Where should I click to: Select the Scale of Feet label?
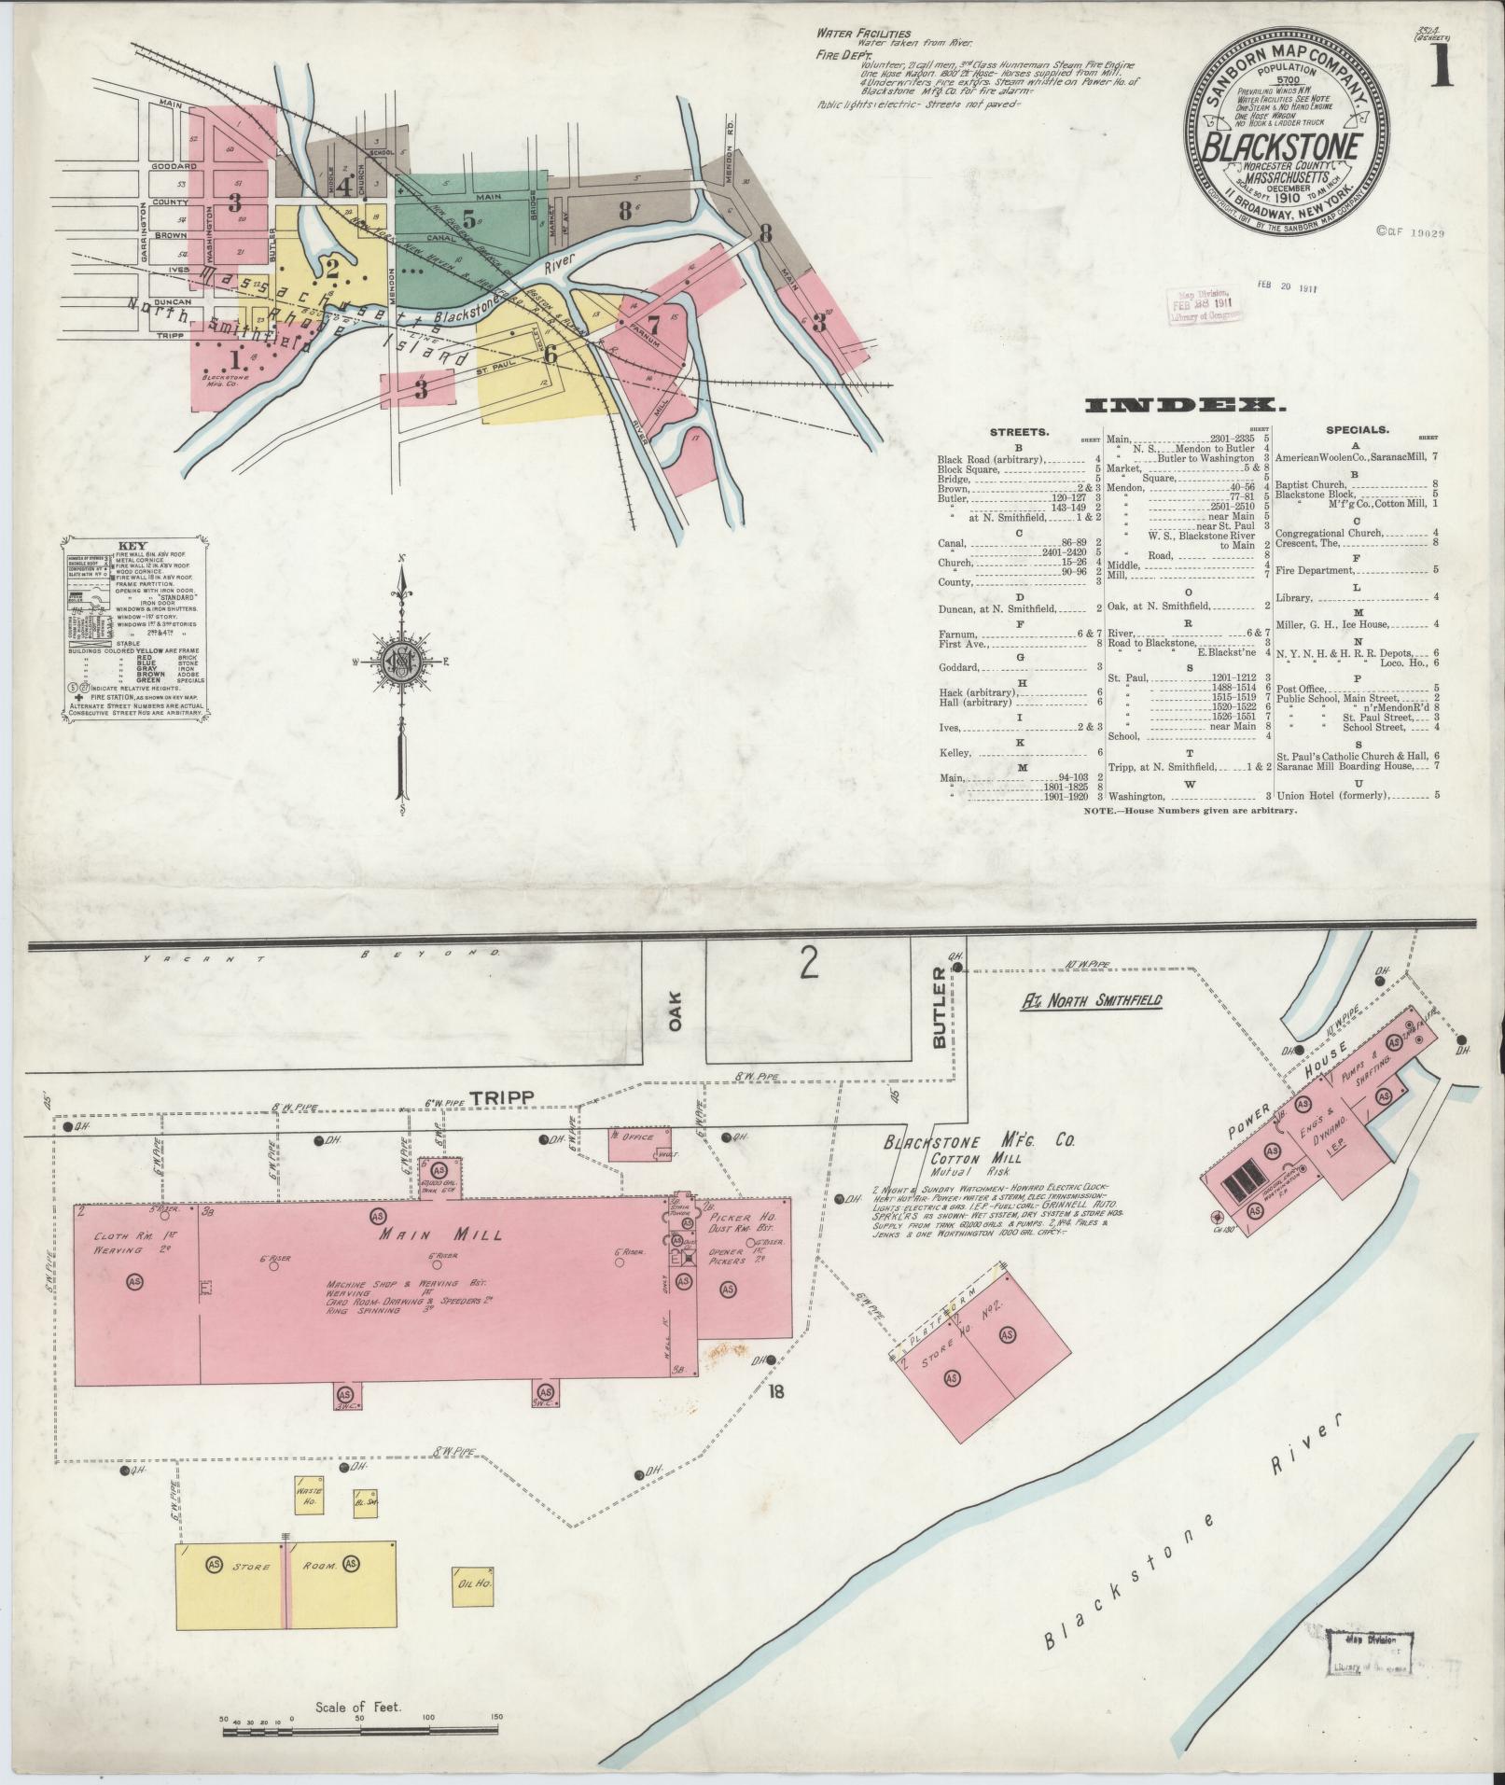pyautogui.click(x=357, y=1707)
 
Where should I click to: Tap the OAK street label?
pyautogui.click(x=675, y=1010)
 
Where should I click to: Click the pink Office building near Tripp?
pyautogui.click(x=639, y=1143)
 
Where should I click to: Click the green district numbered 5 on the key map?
pyautogui.click(x=468, y=221)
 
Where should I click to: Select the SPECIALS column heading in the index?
pyautogui.click(x=1357, y=430)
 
